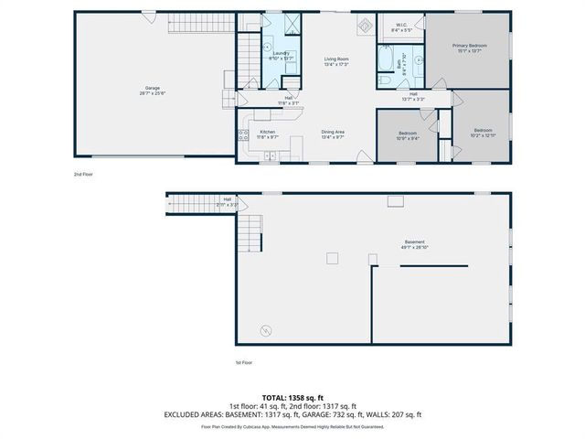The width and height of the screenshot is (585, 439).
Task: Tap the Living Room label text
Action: click(x=337, y=61)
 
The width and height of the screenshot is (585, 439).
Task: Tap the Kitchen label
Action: click(x=268, y=134)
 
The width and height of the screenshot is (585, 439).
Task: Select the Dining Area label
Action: click(x=333, y=134)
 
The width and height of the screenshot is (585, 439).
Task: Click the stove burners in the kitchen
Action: click(x=244, y=135)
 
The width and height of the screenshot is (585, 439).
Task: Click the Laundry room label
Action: click(x=281, y=56)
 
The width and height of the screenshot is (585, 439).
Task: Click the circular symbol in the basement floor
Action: click(x=267, y=330)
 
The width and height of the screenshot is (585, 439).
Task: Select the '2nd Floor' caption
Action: click(x=83, y=174)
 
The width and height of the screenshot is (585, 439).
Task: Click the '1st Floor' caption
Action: click(x=244, y=362)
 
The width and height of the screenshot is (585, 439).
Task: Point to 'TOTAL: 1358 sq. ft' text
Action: click(x=292, y=398)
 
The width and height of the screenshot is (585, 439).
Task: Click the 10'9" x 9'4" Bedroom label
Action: click(x=408, y=135)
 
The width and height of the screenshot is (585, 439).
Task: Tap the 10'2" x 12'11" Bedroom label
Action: click(x=483, y=134)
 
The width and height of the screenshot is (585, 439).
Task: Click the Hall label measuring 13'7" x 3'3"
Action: click(x=413, y=96)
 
